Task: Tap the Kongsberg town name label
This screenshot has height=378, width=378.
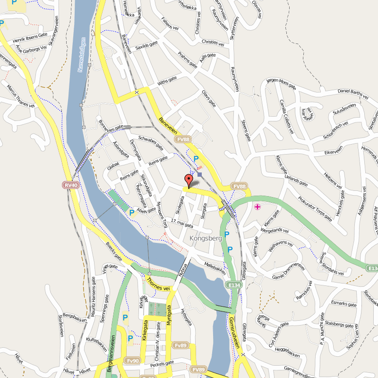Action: point(205,239)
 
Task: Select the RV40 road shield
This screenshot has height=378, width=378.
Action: point(70,185)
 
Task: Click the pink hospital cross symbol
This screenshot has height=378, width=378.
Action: point(257,207)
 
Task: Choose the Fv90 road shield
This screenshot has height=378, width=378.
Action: point(133,361)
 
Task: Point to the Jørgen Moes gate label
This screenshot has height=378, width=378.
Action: point(281,83)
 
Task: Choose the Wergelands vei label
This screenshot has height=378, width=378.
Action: point(274,230)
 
